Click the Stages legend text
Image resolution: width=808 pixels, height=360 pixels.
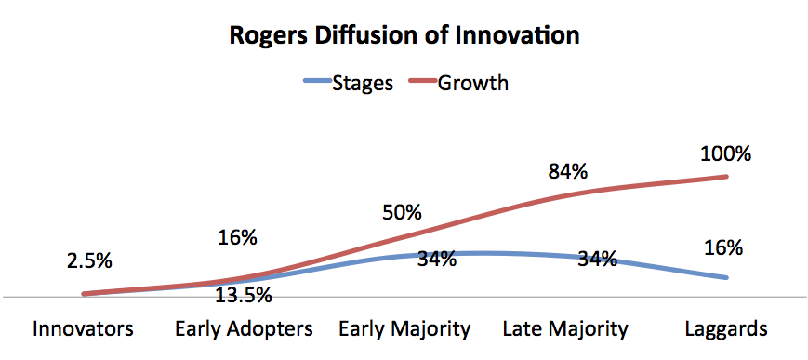[x=363, y=83]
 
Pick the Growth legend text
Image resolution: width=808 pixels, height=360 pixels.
[x=472, y=83]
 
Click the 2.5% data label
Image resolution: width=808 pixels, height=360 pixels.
[x=89, y=261]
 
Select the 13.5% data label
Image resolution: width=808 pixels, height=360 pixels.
[x=244, y=296]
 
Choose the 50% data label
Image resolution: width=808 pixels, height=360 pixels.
[x=402, y=213]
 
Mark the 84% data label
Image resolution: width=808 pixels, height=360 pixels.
[x=568, y=172]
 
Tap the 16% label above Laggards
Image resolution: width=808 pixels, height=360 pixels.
[x=723, y=248]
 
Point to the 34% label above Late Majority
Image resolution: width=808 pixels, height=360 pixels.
[x=598, y=259]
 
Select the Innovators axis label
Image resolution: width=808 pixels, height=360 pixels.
[x=83, y=328]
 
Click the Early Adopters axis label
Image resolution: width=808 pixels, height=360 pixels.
[x=244, y=329]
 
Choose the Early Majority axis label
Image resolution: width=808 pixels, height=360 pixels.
[x=404, y=329]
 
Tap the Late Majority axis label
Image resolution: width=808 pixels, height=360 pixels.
[x=565, y=329]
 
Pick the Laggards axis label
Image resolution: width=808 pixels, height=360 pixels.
[x=726, y=329]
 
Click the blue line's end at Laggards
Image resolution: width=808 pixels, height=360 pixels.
[x=726, y=277]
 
